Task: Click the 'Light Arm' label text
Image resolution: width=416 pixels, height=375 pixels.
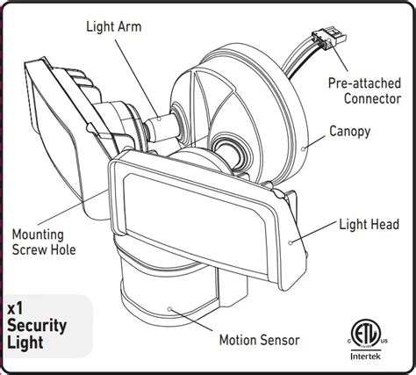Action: tap(114, 26)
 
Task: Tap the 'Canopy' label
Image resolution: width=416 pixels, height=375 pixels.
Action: tap(350, 132)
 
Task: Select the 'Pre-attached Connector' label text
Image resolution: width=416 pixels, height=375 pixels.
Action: tap(364, 90)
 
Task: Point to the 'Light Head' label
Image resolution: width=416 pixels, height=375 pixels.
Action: tap(369, 225)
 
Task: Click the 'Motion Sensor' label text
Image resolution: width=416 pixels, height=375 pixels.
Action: tap(260, 340)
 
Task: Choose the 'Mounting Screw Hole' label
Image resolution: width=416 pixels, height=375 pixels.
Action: tap(44, 242)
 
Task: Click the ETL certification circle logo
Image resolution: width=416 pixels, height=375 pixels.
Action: tap(366, 333)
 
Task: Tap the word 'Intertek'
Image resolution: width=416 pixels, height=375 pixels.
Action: tap(366, 357)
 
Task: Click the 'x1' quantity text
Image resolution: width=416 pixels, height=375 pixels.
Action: tap(15, 309)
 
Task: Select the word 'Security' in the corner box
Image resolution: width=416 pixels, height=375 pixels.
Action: tap(37, 326)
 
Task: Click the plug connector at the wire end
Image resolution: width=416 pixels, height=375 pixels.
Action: tap(329, 38)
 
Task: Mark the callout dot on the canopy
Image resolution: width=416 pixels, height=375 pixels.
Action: tap(304, 148)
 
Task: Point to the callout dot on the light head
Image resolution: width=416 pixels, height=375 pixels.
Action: tap(290, 242)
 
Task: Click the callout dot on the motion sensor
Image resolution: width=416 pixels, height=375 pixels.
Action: tap(169, 309)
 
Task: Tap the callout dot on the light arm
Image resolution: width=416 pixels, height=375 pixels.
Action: tap(159, 119)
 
